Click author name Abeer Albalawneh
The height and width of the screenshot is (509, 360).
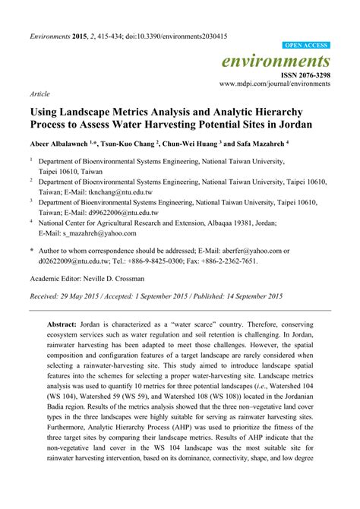pyautogui.click(x=58, y=143)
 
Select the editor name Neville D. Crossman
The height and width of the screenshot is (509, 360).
pyautogui.click(x=122, y=279)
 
